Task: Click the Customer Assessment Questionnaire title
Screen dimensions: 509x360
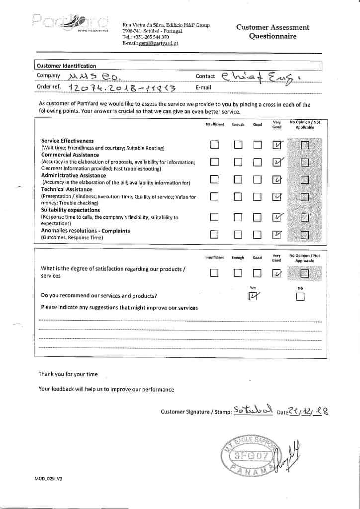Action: click(x=272, y=32)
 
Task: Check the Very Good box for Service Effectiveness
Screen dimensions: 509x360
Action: click(x=277, y=145)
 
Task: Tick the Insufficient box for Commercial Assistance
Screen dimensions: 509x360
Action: click(x=214, y=162)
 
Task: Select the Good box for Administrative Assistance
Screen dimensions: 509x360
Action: click(x=257, y=179)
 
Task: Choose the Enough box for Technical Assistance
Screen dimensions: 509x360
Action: click(x=238, y=196)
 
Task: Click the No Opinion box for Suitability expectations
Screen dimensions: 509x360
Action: click(x=304, y=217)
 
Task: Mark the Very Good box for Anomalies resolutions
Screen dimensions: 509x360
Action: click(x=277, y=235)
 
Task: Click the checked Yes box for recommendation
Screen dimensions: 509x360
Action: click(x=253, y=297)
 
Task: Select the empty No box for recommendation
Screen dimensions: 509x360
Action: click(x=300, y=297)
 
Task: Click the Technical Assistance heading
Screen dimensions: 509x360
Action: click(x=67, y=189)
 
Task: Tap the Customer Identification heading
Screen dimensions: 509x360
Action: click(x=66, y=66)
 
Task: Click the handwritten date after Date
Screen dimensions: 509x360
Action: click(x=309, y=411)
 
